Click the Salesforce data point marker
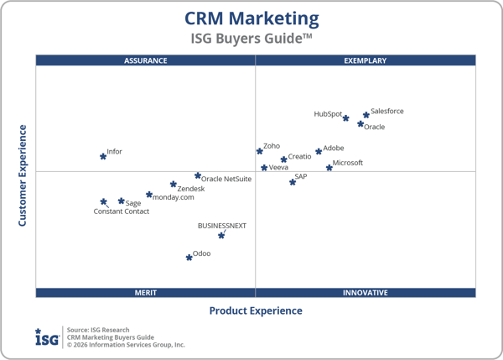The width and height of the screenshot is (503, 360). point(366,115)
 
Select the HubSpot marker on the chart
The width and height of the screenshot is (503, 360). point(345,118)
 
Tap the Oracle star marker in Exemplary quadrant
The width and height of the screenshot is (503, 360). point(360,124)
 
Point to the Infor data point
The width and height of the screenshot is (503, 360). point(103,156)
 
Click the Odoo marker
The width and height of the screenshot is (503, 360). point(189,257)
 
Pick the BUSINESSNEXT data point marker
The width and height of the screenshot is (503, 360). point(221,236)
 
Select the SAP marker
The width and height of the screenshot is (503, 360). point(293,181)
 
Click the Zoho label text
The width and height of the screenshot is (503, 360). point(272,146)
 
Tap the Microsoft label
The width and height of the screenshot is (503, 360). point(348,163)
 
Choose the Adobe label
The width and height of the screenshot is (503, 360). point(334,149)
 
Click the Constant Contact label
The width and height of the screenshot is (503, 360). point(122,211)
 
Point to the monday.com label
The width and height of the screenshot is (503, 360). point(174,197)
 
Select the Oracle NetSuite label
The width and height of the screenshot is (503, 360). point(226,179)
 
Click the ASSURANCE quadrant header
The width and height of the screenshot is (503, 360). point(145,60)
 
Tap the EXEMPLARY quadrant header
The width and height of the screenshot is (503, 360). point(366,60)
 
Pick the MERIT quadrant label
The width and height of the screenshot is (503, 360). point(145,293)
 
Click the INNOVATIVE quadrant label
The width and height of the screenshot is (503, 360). point(366,293)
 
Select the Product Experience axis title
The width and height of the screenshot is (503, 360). point(256,310)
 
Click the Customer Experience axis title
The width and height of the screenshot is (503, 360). point(23,175)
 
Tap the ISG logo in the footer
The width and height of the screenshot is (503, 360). point(47,337)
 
